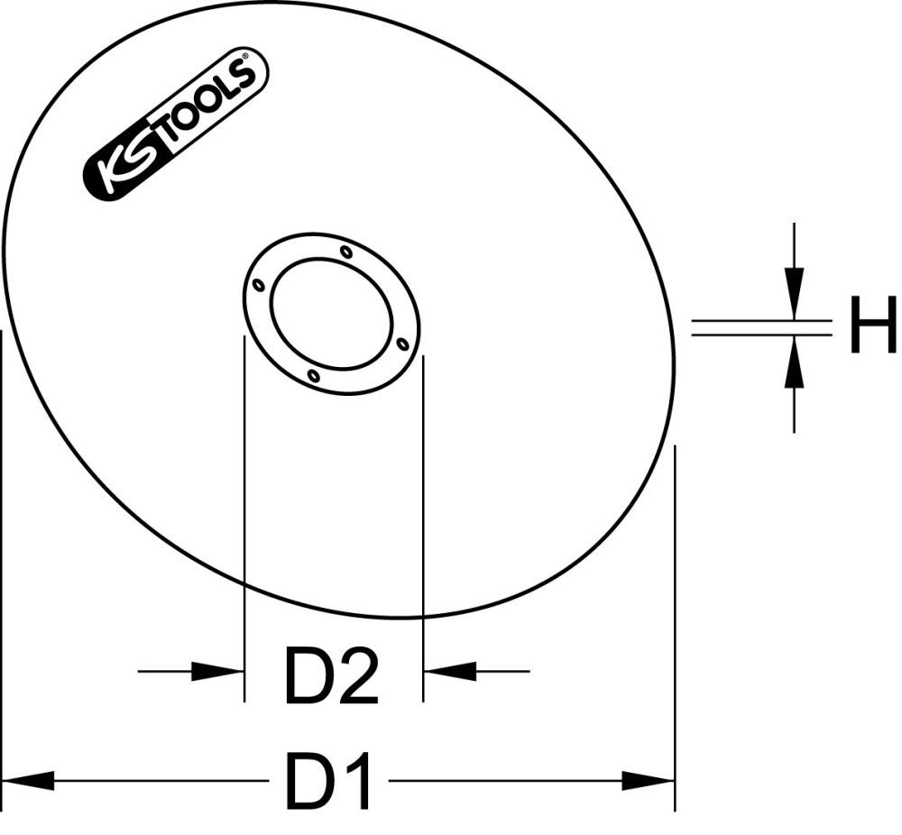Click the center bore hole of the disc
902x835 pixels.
tap(332, 313)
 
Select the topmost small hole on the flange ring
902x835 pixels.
tap(346, 252)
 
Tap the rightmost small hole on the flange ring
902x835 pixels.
tap(403, 342)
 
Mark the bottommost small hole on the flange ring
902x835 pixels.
tap(312, 374)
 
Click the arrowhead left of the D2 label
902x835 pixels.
tap(222, 671)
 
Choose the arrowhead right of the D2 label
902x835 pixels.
tap(447, 671)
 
